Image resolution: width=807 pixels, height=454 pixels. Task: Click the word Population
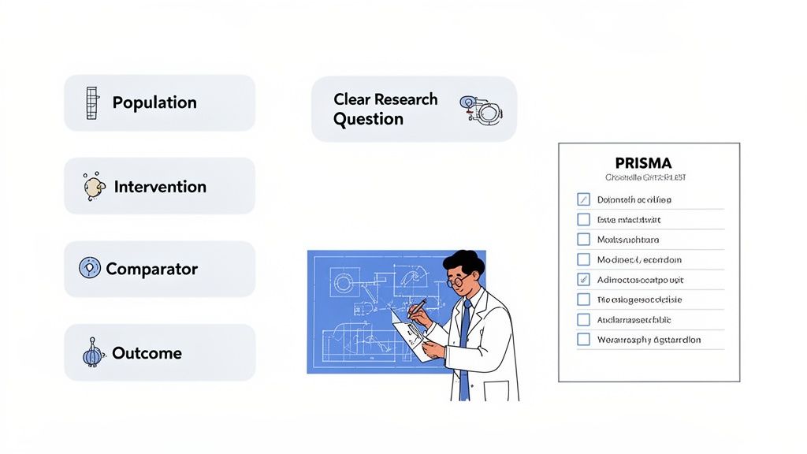pos(154,102)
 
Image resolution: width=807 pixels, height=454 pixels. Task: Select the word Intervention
pos(160,187)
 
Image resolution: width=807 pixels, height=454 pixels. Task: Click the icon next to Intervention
pos(95,187)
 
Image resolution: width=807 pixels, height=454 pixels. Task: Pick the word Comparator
pos(151,269)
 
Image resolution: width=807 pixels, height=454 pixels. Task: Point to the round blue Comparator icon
pos(90,268)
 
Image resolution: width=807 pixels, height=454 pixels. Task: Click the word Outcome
pos(147,353)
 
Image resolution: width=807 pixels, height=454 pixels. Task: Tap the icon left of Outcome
pos(93,353)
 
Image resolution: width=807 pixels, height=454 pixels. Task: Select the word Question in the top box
pos(368,119)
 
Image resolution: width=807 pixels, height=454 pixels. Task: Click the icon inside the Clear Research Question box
pos(480,110)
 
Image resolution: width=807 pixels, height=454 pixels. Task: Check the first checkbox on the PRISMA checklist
pos(583,199)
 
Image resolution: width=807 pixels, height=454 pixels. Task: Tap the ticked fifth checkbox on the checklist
pos(583,279)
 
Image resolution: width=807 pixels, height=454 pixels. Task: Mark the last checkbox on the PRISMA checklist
pos(583,340)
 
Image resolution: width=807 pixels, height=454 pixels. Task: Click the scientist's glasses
pos(458,281)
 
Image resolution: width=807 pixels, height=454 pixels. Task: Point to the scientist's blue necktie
pos(465,339)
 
